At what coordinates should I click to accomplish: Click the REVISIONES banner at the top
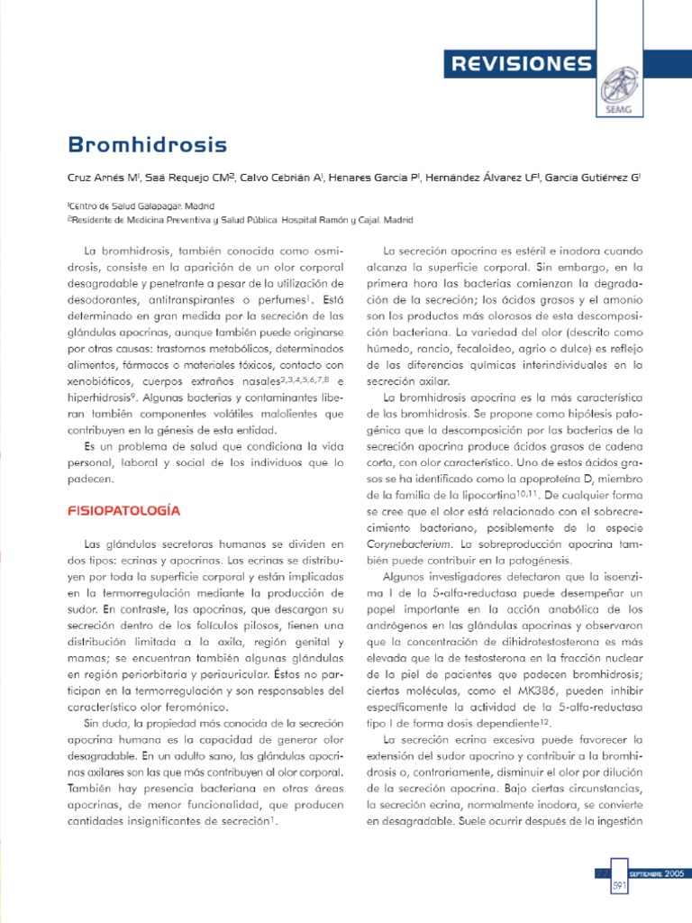(x=521, y=64)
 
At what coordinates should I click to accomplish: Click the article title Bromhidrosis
(x=148, y=144)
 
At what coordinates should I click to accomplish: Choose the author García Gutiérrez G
(x=592, y=178)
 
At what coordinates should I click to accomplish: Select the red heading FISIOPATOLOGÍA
(x=124, y=511)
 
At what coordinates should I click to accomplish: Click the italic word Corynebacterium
(x=418, y=544)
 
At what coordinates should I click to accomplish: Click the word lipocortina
(x=483, y=496)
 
